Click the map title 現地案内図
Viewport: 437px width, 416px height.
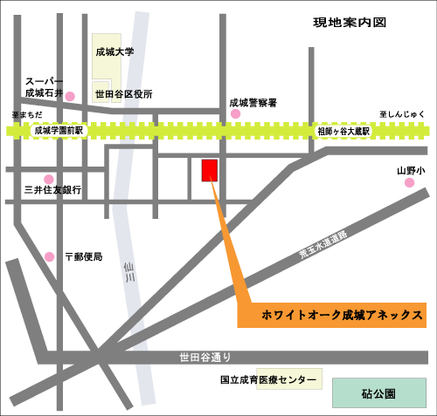pos(350,23)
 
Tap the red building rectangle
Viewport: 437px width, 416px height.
pos(210,171)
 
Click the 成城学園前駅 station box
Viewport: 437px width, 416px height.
pos(58,131)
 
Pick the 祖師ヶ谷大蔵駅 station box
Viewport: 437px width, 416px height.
pos(343,131)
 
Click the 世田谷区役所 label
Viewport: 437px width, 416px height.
pos(123,93)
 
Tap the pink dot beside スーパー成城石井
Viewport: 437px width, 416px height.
pos(71,96)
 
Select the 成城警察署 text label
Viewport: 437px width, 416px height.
pos(253,102)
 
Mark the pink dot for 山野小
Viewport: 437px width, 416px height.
pos(408,183)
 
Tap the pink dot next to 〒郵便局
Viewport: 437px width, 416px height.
pos(49,256)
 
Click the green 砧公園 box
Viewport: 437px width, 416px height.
pos(378,393)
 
